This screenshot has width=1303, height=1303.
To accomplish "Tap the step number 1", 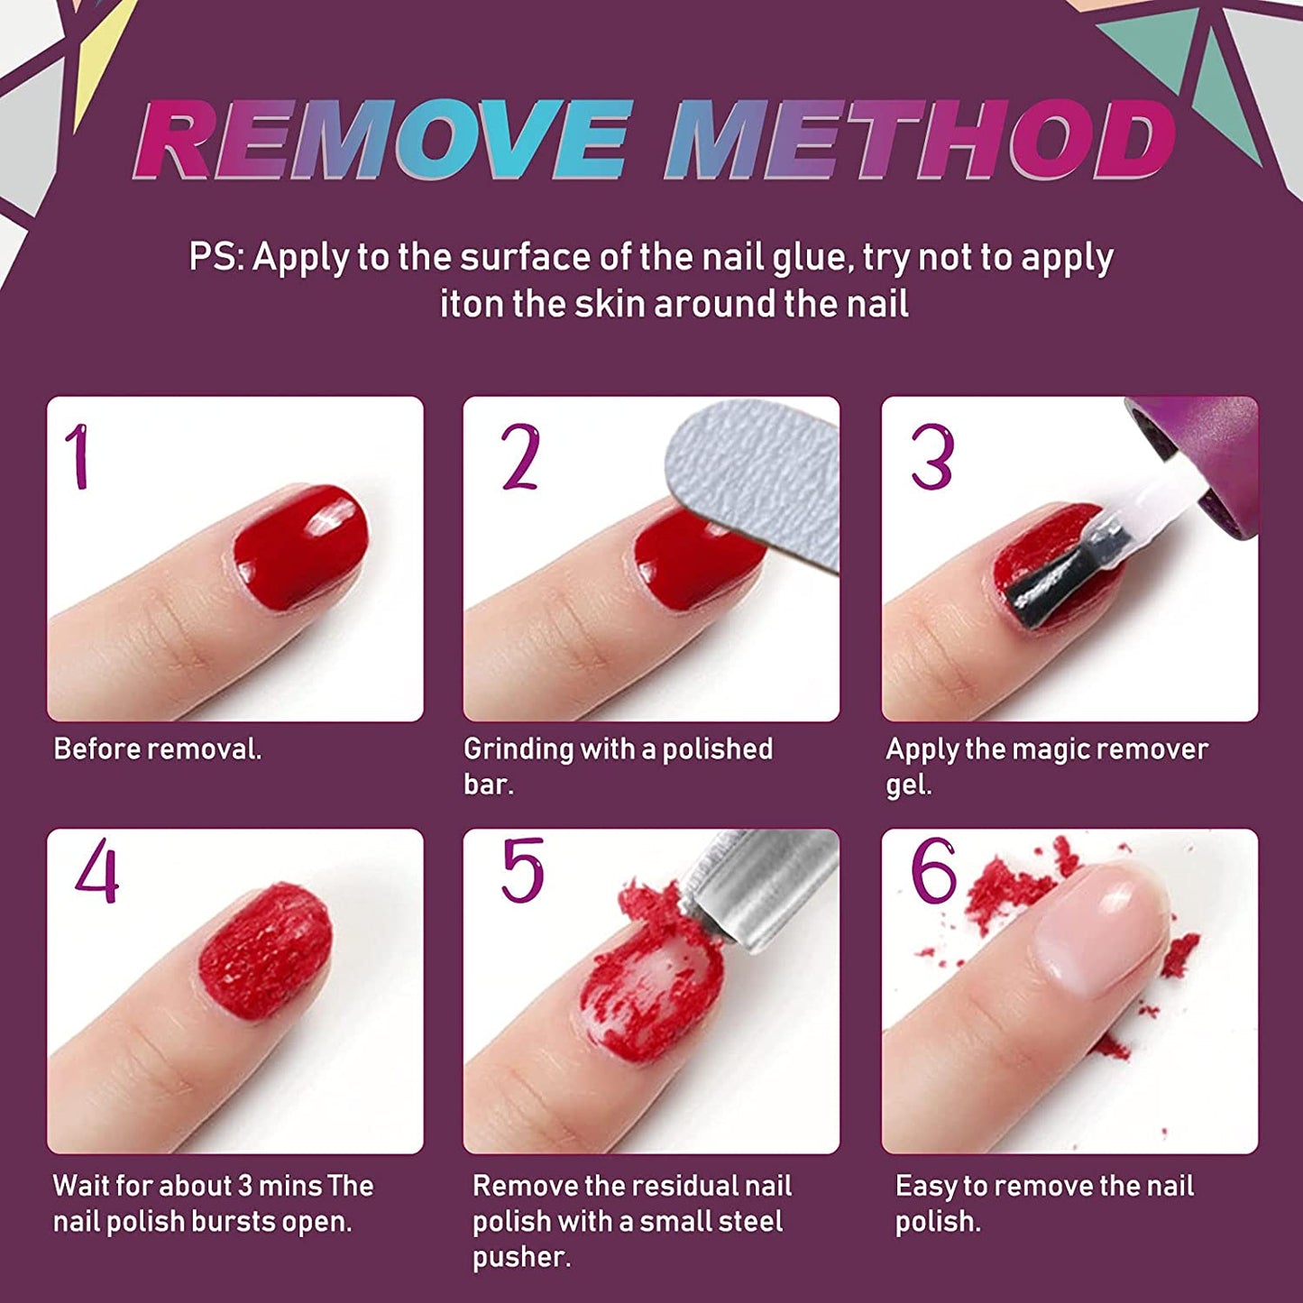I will (80, 457).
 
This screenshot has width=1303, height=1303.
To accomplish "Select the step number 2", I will (520, 457).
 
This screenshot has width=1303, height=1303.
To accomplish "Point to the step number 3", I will (931, 457).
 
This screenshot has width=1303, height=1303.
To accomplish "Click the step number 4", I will (97, 871).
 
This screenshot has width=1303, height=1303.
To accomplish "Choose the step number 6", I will (933, 870).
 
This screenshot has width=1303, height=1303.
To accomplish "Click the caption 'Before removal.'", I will (158, 749).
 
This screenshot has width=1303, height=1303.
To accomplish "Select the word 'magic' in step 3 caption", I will (1056, 749).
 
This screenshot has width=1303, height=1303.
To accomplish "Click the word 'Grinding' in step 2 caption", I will (518, 749).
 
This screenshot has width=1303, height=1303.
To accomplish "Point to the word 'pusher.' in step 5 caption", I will (521, 1257).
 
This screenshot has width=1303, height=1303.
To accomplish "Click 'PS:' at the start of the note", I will (216, 258).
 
